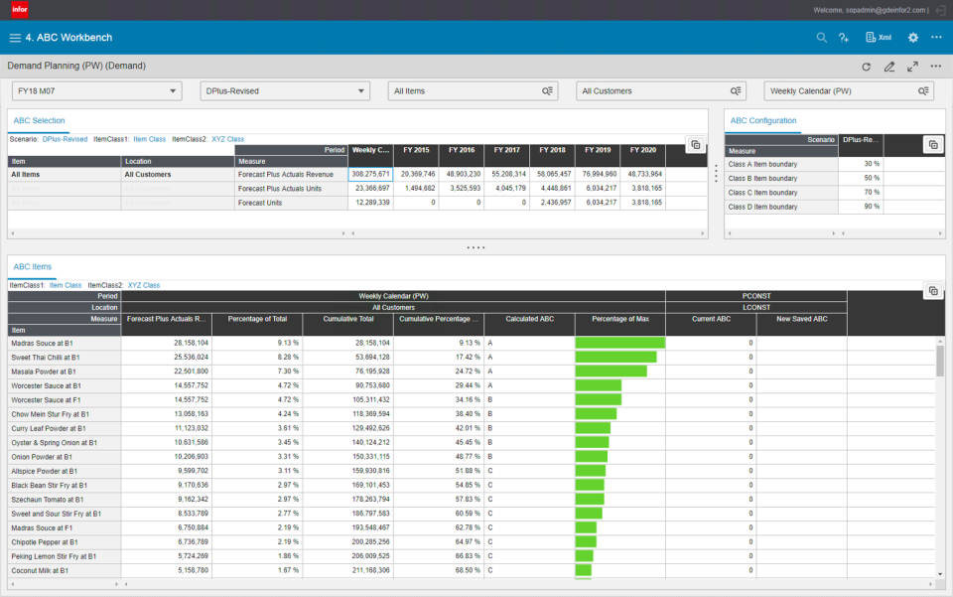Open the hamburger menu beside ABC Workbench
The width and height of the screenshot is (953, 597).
click(15, 38)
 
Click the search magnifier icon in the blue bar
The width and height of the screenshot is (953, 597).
click(821, 38)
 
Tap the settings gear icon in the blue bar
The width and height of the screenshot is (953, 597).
click(912, 38)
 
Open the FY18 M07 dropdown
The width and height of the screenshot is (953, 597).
click(96, 90)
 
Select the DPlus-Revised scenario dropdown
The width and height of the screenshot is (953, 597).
click(285, 90)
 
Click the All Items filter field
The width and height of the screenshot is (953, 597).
click(472, 90)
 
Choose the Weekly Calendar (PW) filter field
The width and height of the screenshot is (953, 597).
click(849, 90)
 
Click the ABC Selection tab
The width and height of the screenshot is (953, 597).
click(39, 121)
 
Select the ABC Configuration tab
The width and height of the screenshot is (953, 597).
click(762, 121)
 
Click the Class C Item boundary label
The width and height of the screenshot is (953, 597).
click(763, 192)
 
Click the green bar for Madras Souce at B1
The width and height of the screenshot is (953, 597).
click(619, 343)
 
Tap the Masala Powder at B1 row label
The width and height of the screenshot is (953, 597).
click(47, 371)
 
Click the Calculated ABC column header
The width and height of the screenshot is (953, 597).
click(529, 319)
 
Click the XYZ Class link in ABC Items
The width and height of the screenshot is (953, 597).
click(143, 285)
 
